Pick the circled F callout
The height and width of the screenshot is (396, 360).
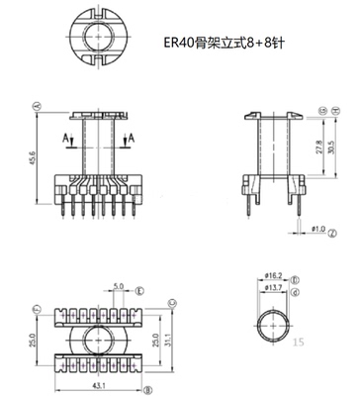point(36,309)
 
